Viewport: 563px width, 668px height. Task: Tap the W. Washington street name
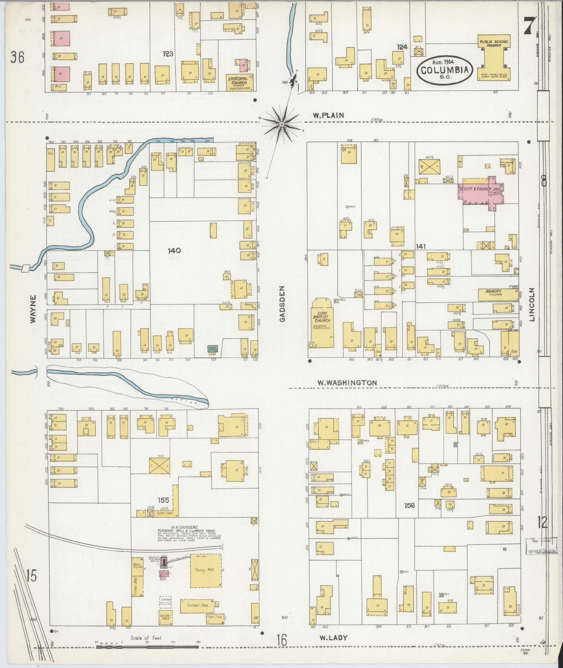347,383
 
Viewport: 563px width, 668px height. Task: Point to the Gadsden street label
282,304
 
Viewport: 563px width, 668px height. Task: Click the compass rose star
282,124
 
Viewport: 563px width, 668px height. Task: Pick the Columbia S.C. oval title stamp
444,70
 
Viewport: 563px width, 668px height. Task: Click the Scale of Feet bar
148,647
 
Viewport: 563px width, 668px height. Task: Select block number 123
168,54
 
